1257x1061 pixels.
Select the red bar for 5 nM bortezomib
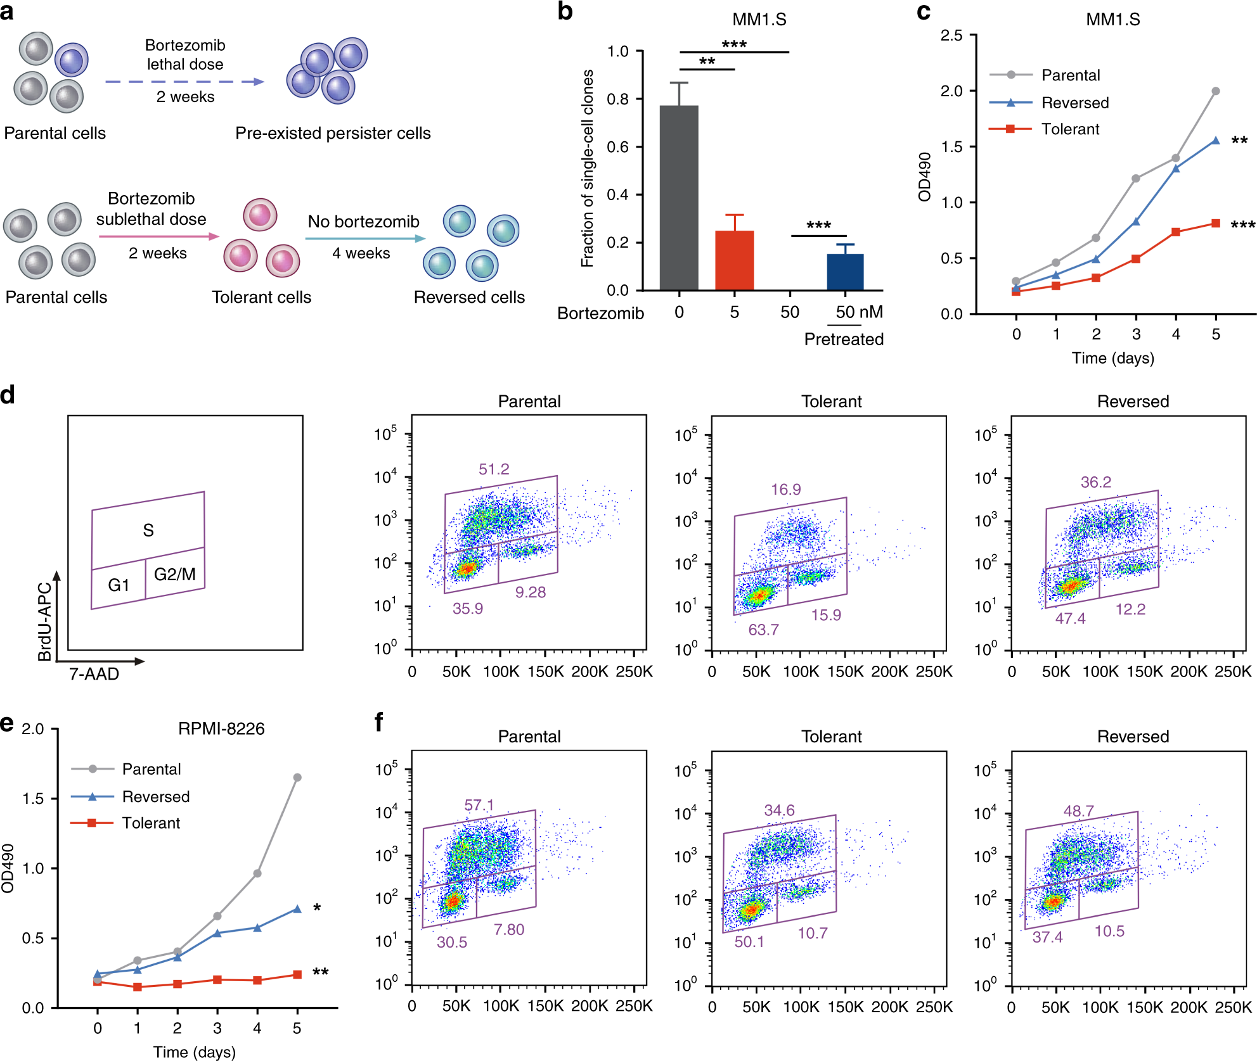click(x=734, y=260)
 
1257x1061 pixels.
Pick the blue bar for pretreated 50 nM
click(x=845, y=272)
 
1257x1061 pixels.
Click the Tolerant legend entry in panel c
click(x=1069, y=129)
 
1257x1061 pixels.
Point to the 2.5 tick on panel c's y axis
click(x=951, y=35)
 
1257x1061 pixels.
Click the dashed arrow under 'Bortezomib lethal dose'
click(x=184, y=82)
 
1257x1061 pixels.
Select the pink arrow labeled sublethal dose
click(x=158, y=236)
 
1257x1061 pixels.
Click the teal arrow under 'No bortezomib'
click(x=364, y=239)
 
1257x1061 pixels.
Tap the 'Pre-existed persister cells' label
click(x=333, y=133)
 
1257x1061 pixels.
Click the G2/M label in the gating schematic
click(x=175, y=574)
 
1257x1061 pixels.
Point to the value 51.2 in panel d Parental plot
click(x=494, y=469)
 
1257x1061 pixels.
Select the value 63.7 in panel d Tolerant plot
click(x=763, y=630)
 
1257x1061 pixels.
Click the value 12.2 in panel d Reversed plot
click(x=1130, y=609)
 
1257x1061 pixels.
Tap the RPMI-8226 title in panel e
click(x=221, y=728)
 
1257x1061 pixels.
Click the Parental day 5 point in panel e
click(x=297, y=777)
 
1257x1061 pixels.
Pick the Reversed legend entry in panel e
click(x=155, y=796)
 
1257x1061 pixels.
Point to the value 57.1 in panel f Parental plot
click(x=479, y=805)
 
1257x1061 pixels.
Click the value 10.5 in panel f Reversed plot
click(x=1109, y=931)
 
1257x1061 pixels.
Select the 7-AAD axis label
click(x=94, y=674)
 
